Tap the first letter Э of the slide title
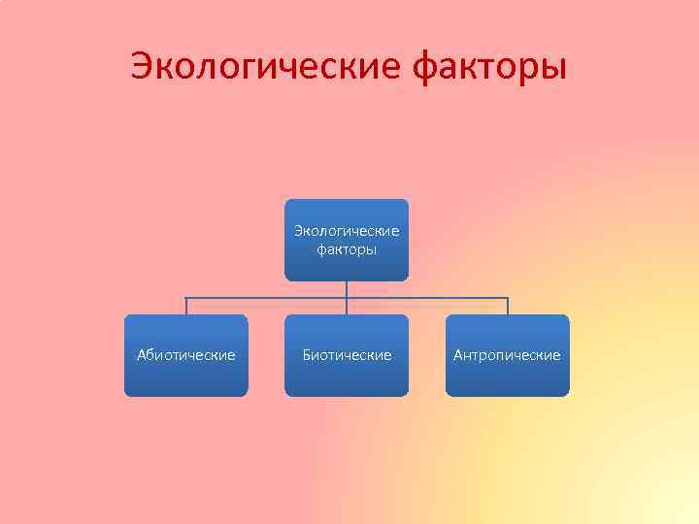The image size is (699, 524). tap(142, 68)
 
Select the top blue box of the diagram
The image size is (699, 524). tap(347, 240)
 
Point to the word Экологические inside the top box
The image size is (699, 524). tap(347, 231)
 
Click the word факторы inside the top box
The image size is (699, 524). tap(347, 249)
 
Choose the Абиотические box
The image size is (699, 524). tap(185, 355)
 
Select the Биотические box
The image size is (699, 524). tap(347, 355)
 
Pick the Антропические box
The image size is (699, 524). tap(507, 355)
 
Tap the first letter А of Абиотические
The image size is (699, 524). tap(142, 355)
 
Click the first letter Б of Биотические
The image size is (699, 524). tap(307, 355)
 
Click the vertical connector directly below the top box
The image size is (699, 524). tap(347, 288)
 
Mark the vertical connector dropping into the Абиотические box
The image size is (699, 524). tap(186, 306)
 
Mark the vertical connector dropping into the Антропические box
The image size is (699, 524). tap(508, 306)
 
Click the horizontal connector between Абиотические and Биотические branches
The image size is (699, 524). tap(266, 298)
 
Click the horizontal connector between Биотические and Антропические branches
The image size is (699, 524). tap(427, 298)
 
